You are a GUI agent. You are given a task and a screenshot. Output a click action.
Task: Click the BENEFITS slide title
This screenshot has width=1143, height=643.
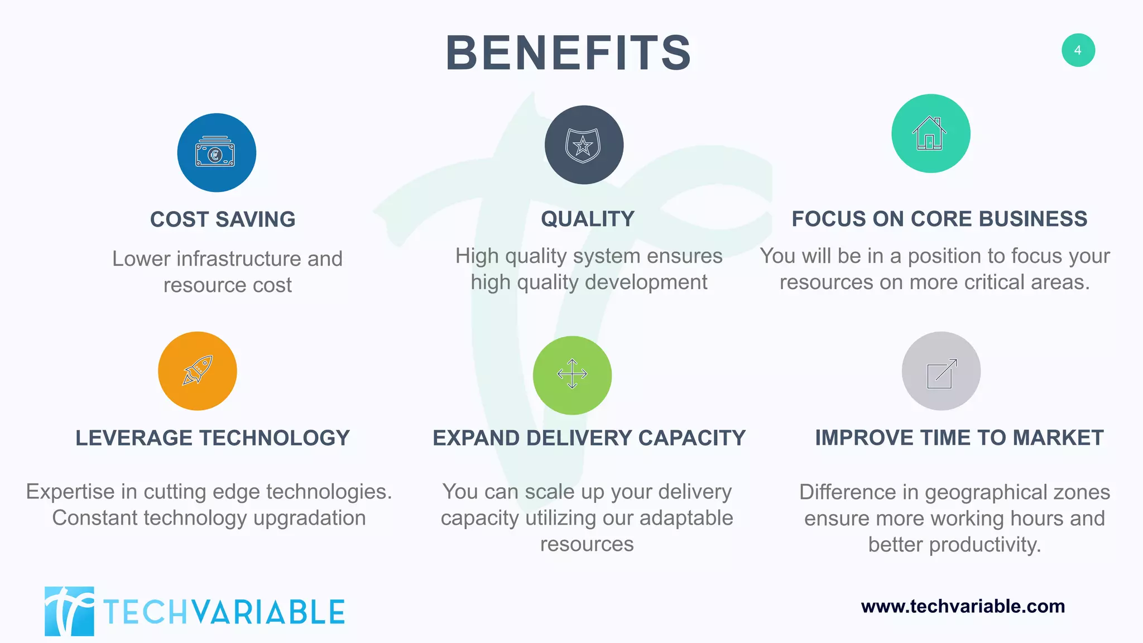[x=568, y=54]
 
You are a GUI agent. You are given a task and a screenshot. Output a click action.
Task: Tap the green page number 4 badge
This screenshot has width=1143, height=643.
[x=1078, y=50]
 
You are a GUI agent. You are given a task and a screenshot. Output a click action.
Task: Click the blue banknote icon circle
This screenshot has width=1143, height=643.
[x=217, y=153]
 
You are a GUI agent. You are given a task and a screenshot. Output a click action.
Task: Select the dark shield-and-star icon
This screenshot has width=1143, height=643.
[x=584, y=145]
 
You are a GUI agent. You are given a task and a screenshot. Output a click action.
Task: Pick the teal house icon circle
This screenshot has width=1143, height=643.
[x=930, y=133]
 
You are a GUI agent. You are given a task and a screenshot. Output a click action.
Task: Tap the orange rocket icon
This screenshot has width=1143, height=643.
[x=198, y=371]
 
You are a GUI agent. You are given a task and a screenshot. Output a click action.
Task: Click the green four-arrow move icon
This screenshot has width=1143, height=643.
[x=572, y=375]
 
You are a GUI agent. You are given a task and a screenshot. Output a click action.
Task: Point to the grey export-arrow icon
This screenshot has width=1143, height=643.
[x=941, y=372]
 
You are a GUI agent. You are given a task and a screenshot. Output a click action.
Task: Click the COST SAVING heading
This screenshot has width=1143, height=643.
[x=223, y=219]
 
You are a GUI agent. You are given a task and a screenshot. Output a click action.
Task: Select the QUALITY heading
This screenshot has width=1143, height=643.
[x=588, y=219]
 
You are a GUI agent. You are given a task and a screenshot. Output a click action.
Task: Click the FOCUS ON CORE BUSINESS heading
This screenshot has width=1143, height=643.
[x=939, y=219]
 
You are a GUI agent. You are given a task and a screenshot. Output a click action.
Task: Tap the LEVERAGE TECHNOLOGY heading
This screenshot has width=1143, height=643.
[x=213, y=438]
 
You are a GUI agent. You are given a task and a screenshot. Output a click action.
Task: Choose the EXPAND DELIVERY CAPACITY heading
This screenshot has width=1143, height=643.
[x=589, y=438]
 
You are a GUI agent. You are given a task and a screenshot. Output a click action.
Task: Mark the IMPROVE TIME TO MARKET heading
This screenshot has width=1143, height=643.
[x=959, y=438]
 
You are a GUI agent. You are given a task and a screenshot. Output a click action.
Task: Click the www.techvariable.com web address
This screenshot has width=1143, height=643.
[x=963, y=606]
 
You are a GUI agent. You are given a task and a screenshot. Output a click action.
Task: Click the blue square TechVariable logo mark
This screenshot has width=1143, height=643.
[x=69, y=611]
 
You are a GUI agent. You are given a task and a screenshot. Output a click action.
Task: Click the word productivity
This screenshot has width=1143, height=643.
[x=985, y=545]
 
